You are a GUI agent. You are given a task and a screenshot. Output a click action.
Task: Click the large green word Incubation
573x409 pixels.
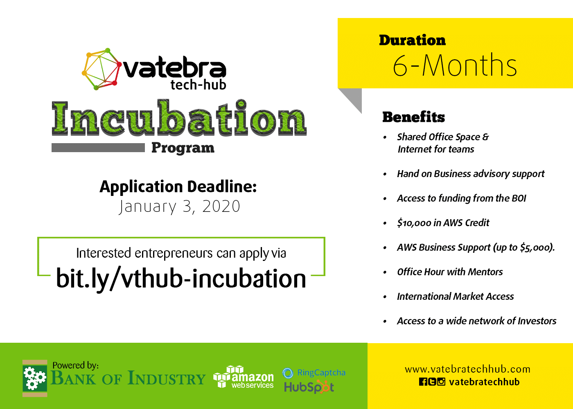[179, 118]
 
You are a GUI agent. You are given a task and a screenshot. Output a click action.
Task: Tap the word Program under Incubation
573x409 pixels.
[183, 148]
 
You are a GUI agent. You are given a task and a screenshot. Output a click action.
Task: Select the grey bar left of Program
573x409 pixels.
[98, 148]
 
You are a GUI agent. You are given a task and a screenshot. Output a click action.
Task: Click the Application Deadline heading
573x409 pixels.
[178, 187]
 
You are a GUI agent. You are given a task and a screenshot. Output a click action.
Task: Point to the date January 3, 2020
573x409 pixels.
[179, 207]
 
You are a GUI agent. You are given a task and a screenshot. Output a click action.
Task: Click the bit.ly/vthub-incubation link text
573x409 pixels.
[181, 279]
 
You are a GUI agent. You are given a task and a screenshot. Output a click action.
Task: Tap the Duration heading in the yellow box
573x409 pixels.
[413, 40]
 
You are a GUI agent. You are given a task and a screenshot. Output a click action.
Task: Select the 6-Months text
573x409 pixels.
[455, 65]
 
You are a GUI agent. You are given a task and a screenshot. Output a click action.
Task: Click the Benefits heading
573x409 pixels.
[414, 117]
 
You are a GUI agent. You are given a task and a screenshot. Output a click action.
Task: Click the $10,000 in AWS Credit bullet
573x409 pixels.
[443, 223]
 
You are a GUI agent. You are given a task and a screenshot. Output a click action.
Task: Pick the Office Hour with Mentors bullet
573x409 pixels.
[450, 272]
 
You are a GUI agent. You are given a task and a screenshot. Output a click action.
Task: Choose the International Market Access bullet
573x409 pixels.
[455, 296]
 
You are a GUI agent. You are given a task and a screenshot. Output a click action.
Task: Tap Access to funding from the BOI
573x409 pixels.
[462, 198]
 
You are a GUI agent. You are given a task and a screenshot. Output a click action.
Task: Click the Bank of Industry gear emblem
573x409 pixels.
[35, 378]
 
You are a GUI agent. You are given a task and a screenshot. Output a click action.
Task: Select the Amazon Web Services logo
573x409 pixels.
[244, 377]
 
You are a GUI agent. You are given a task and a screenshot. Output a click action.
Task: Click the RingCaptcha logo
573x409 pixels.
[314, 373]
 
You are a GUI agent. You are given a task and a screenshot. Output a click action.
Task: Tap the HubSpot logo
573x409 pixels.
[309, 387]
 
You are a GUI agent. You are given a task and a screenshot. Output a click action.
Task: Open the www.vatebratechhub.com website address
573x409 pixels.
[467, 369]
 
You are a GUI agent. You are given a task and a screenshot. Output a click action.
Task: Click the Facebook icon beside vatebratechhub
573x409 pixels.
[423, 382]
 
